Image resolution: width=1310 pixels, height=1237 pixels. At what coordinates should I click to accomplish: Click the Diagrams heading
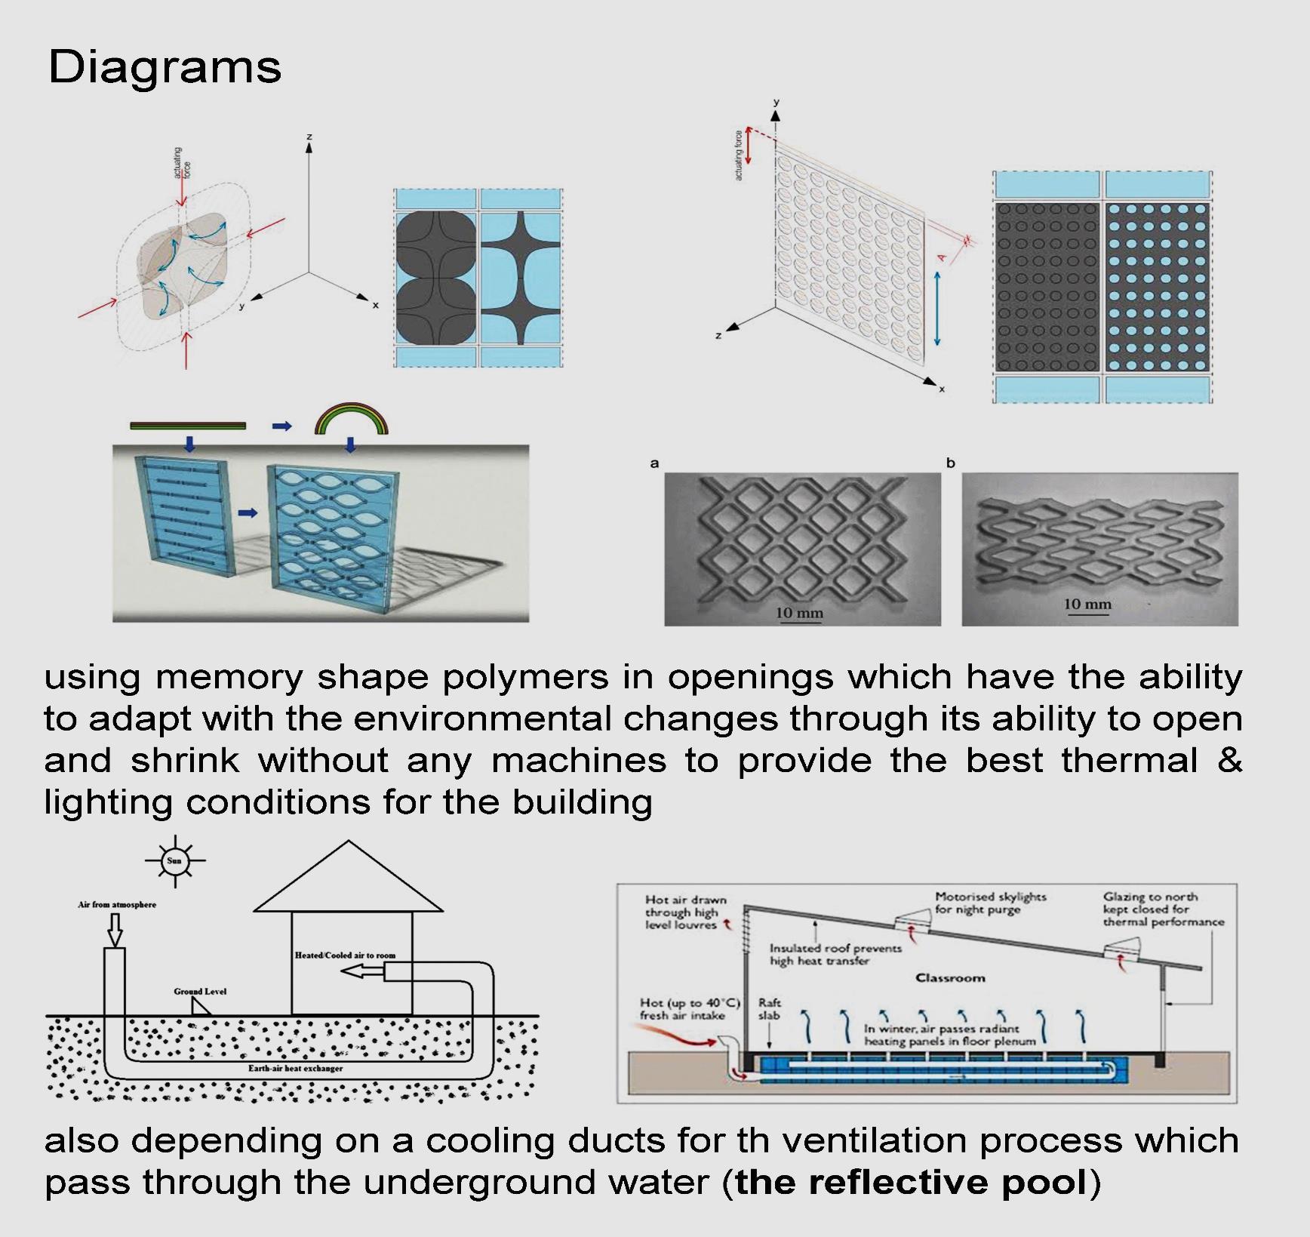(165, 67)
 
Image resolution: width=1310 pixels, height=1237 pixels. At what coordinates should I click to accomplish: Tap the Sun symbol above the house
(174, 860)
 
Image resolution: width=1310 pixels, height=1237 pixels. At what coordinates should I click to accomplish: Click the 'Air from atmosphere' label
(117, 904)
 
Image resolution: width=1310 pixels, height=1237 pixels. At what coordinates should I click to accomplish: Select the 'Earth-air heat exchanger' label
(295, 1068)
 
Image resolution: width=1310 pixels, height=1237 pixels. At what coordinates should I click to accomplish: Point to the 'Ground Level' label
(200, 991)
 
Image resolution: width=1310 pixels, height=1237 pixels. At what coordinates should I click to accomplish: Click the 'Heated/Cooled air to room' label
(345, 955)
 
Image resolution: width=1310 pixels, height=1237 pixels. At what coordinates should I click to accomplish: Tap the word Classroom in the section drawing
(950, 978)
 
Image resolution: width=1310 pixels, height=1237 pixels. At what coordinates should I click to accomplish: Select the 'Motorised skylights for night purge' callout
(990, 903)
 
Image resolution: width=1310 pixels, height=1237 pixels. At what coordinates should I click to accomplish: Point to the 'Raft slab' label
(769, 1008)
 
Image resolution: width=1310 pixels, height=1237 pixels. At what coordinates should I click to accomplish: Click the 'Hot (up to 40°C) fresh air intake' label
(688, 1008)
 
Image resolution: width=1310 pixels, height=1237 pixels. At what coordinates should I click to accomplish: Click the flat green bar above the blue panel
(188, 426)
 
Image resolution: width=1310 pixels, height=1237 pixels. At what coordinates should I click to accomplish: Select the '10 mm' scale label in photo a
(799, 613)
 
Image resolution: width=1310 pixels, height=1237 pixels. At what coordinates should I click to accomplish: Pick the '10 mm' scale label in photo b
(1087, 604)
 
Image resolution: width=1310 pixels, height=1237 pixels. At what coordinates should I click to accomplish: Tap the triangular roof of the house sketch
(348, 883)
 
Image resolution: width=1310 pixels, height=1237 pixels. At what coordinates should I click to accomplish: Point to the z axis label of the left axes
(309, 137)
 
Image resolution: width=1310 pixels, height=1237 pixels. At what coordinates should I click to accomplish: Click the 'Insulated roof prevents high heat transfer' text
(835, 954)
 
